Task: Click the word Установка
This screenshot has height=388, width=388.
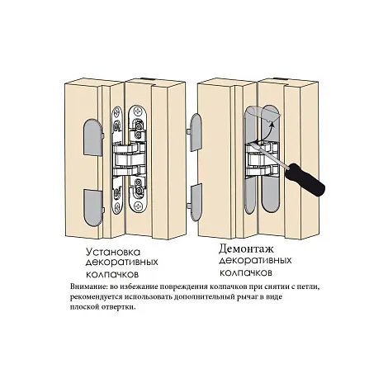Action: point(113,253)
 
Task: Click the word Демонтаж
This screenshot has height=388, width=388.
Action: point(246,249)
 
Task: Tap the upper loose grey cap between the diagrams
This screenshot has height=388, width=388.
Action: point(196,131)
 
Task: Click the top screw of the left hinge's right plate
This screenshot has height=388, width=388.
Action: point(137,111)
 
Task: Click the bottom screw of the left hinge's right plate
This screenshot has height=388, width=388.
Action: point(137,205)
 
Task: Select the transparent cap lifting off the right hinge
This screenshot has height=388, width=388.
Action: point(262,114)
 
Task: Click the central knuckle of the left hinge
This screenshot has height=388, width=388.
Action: point(128,159)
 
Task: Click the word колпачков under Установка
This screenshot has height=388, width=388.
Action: point(112,274)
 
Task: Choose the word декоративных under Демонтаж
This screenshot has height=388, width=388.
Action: point(255,261)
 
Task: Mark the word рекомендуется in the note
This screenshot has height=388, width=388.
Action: point(97,297)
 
